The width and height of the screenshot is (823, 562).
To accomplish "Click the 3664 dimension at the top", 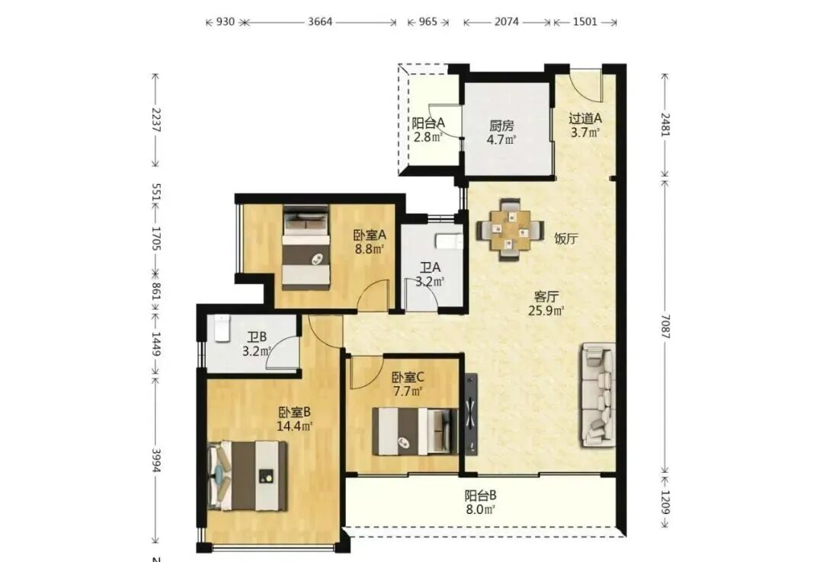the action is click(320, 21).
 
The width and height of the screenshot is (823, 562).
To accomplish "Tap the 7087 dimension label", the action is click(665, 326).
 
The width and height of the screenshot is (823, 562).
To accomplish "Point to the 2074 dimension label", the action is click(507, 21).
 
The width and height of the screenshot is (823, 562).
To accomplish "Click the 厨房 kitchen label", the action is click(501, 126).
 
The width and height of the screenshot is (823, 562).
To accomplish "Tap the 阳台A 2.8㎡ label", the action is click(428, 130).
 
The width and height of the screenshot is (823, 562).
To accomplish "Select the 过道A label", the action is click(584, 119).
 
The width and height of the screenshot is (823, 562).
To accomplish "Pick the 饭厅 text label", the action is click(566, 239).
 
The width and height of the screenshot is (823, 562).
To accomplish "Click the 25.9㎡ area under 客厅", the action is click(546, 311).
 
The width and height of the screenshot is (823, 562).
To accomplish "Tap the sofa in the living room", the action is click(598, 395).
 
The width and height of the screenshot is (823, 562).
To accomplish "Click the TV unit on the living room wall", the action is click(471, 414).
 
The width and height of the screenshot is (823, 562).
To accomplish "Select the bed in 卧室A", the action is click(306, 247).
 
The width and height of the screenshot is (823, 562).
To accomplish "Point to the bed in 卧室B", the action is click(248, 475).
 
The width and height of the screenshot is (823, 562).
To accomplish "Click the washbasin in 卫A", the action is click(449, 242).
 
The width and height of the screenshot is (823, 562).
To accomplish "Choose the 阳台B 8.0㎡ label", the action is click(480, 502).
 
